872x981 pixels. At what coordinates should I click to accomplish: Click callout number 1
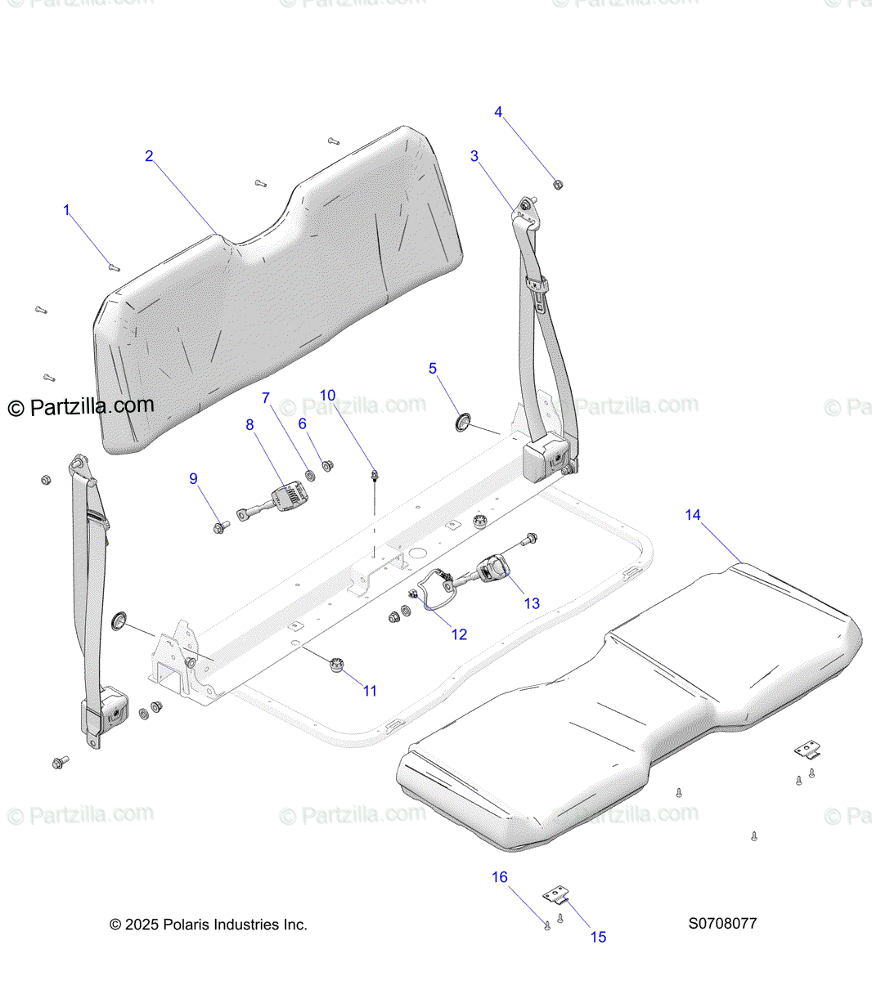click(x=67, y=211)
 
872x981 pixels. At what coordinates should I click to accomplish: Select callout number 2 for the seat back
click(x=149, y=156)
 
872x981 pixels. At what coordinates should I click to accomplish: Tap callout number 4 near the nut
click(x=498, y=112)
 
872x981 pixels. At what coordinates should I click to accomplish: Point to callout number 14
click(x=693, y=514)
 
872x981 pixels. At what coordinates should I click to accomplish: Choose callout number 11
click(x=370, y=691)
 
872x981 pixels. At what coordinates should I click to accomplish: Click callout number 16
click(x=499, y=877)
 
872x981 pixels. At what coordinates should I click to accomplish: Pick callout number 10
click(x=327, y=396)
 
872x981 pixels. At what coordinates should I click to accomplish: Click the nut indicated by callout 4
click(x=558, y=185)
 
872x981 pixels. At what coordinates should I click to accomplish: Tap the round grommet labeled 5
click(x=464, y=422)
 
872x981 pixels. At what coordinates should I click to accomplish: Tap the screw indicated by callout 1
click(x=114, y=266)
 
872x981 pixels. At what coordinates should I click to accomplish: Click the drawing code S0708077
click(x=722, y=924)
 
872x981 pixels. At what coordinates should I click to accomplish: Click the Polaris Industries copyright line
click(x=209, y=925)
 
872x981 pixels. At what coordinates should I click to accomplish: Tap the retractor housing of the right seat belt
click(x=544, y=460)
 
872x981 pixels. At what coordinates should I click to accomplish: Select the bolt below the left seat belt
click(x=60, y=762)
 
